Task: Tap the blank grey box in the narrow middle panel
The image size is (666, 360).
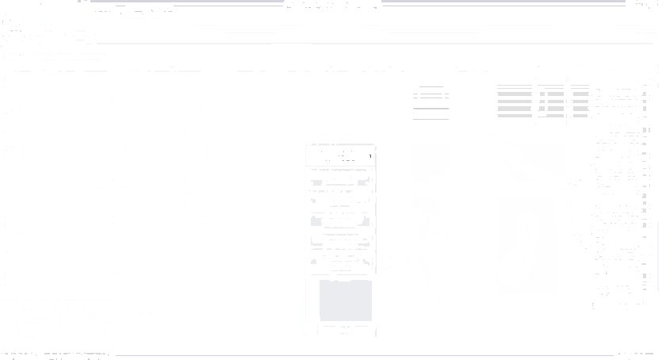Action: [x=345, y=301]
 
